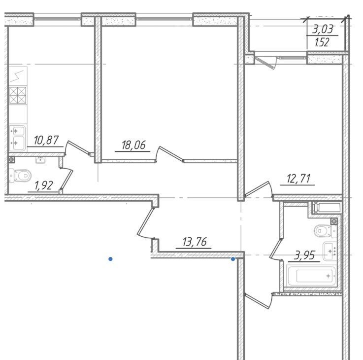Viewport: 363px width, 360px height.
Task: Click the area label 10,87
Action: point(46,141)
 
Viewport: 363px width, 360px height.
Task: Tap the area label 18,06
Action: point(133,145)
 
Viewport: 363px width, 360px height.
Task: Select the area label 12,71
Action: point(298,179)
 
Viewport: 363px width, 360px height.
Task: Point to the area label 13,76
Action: point(195,242)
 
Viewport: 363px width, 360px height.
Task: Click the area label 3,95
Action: point(304,255)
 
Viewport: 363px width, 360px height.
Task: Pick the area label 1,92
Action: point(43,186)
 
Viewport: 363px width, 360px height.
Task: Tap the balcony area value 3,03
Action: point(323,30)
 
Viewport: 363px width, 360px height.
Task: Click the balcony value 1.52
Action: point(322,42)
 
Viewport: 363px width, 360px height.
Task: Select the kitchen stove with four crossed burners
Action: point(18,95)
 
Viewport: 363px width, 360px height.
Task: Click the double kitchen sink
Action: point(17,138)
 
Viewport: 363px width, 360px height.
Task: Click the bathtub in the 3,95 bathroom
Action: point(311,276)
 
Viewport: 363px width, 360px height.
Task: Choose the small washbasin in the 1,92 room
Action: point(40,160)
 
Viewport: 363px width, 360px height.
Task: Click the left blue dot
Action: point(111,259)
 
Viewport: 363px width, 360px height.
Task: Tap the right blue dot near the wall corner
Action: point(233,259)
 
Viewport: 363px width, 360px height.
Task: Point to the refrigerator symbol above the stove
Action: point(18,76)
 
